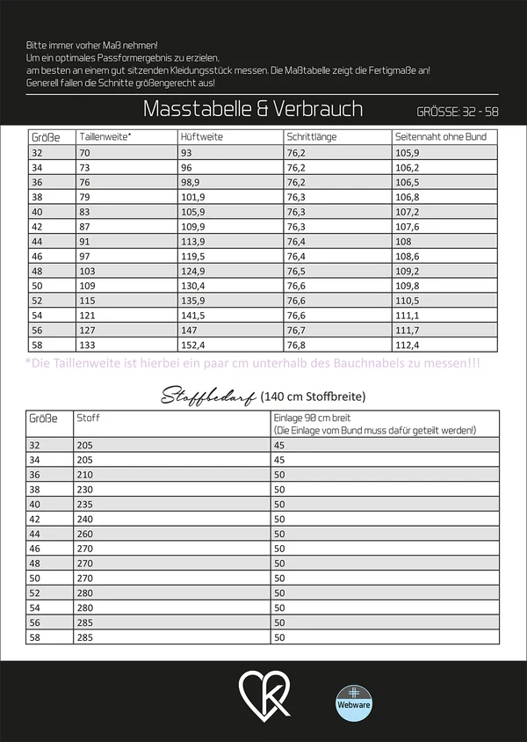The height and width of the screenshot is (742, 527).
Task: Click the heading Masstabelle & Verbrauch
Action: click(x=252, y=109)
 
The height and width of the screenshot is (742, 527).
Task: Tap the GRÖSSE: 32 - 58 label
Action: click(x=458, y=113)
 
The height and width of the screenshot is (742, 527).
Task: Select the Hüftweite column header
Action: click(x=200, y=137)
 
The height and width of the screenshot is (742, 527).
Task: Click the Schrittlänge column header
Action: click(x=310, y=137)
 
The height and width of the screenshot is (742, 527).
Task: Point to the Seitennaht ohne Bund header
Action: click(x=439, y=137)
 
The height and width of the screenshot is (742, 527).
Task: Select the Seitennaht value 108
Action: click(x=403, y=241)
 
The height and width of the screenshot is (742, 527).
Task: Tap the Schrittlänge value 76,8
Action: click(x=297, y=345)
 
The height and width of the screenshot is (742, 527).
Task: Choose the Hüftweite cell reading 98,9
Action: click(x=191, y=182)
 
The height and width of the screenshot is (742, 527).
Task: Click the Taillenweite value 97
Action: click(x=86, y=256)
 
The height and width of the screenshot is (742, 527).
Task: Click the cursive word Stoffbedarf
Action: click(x=207, y=396)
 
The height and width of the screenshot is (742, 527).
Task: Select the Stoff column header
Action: click(x=89, y=418)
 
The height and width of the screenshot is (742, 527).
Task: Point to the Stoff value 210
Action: click(x=85, y=474)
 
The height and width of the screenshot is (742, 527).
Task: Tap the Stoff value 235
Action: click(x=85, y=504)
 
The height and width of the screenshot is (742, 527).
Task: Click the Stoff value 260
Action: click(x=85, y=534)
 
